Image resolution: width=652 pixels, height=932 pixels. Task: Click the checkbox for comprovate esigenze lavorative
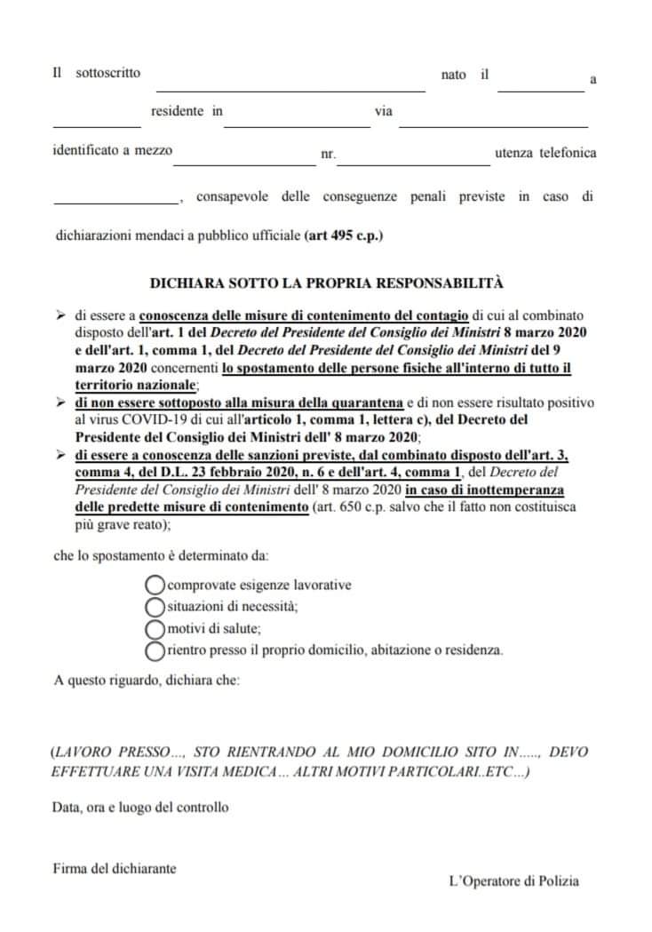click(x=155, y=585)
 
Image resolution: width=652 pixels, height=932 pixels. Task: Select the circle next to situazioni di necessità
click(x=155, y=607)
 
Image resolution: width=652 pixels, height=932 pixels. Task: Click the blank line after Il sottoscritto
click(x=290, y=89)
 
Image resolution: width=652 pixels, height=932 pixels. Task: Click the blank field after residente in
click(x=297, y=125)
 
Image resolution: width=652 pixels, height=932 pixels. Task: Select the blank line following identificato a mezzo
click(x=244, y=163)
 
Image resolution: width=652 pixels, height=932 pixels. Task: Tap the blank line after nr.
click(x=413, y=163)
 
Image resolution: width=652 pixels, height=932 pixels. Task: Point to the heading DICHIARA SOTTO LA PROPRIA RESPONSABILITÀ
click(x=327, y=283)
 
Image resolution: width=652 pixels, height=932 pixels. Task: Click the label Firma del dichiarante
click(x=114, y=868)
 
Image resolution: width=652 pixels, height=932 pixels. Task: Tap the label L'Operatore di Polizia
click(x=513, y=881)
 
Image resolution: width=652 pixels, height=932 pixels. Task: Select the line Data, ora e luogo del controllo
click(x=140, y=808)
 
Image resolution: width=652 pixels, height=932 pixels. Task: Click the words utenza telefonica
click(x=545, y=153)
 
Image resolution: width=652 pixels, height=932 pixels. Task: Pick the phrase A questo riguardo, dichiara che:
click(x=146, y=681)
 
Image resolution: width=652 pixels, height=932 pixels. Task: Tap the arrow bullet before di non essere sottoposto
click(x=60, y=402)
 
